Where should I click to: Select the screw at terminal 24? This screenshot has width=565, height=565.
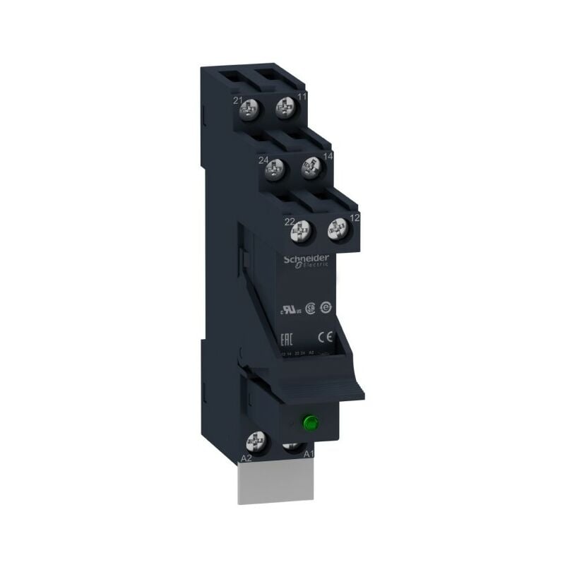tap(275, 168)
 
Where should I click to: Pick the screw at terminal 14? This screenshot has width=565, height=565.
tap(311, 167)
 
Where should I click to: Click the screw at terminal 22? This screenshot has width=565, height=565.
tap(302, 229)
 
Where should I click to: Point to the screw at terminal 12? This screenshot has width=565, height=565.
tap(338, 228)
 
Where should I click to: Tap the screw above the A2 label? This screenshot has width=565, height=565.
tap(255, 443)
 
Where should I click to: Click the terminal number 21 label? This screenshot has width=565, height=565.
tap(238, 101)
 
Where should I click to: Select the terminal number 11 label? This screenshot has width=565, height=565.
tap(303, 96)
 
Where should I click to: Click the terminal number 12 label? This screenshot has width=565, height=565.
tap(355, 218)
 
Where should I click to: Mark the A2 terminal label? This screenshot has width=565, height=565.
tap(247, 458)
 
